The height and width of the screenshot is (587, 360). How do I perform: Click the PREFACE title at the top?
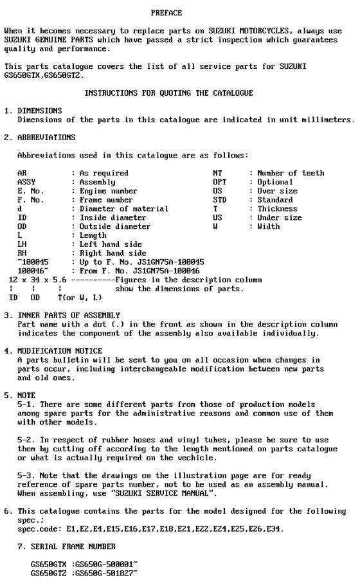click(166, 13)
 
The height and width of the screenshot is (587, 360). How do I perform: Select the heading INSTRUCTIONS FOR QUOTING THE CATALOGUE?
click(168, 93)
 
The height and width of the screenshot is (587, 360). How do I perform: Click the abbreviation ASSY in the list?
click(26, 182)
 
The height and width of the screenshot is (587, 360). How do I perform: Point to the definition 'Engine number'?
click(108, 191)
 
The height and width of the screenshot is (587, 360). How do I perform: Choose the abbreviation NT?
click(217, 173)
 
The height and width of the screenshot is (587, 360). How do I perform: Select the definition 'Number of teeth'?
click(291, 173)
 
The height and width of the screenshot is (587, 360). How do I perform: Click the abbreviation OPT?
click(219, 182)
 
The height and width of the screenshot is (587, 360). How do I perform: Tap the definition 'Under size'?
click(280, 218)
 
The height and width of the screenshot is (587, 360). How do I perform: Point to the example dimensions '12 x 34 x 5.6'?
click(37, 280)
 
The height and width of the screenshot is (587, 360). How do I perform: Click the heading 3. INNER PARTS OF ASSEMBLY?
click(62, 315)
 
